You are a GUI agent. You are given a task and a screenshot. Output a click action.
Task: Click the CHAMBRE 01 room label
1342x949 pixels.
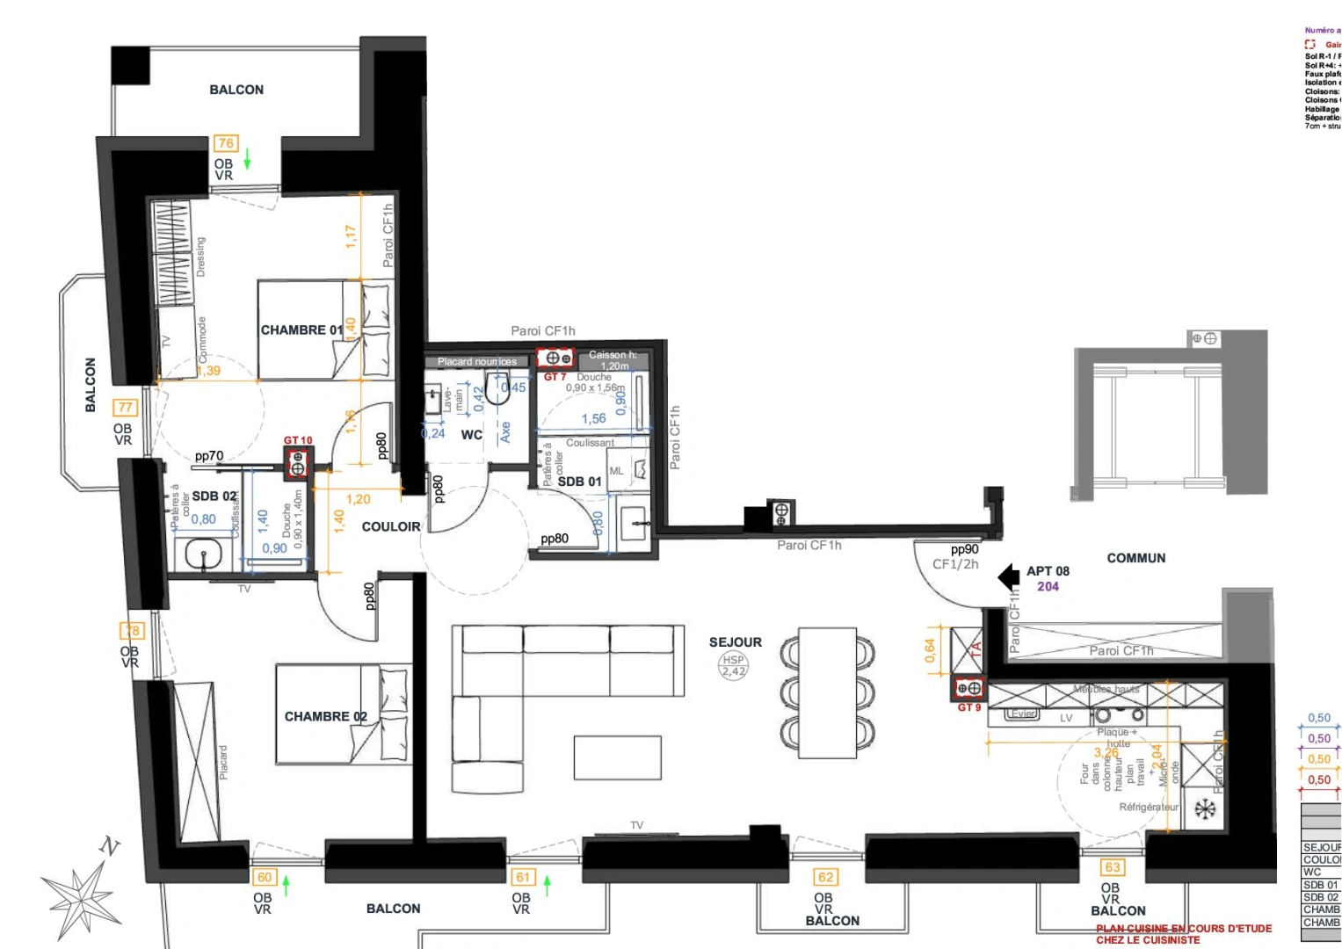point(301,330)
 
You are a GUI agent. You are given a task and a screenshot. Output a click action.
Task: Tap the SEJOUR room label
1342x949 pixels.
point(736,642)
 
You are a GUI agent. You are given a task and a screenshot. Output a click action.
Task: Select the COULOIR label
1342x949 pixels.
point(391,526)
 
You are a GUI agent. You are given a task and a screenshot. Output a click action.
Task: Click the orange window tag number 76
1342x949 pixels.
point(226,143)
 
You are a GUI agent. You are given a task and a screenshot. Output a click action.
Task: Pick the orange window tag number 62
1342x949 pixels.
point(825,877)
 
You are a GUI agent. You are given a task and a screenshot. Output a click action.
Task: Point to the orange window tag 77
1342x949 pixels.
point(126,408)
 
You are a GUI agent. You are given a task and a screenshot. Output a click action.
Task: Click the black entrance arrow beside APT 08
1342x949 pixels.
point(1009,577)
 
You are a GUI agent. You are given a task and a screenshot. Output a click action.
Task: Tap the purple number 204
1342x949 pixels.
point(1048,586)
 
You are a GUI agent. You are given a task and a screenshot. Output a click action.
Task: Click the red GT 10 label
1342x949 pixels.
point(298,440)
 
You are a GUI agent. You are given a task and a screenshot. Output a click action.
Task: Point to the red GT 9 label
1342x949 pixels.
point(968,707)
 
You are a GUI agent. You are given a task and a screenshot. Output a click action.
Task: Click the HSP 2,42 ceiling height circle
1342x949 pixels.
point(733,665)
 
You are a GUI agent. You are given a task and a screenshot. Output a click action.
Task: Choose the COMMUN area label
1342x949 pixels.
point(1135,558)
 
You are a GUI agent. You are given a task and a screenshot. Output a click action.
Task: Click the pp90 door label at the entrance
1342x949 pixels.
point(964,549)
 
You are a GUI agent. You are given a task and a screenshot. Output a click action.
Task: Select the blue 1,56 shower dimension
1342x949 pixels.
point(593,419)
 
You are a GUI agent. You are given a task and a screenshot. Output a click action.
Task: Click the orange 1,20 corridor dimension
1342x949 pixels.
point(358,499)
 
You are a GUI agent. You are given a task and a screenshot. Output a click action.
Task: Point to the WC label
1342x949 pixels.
point(471,435)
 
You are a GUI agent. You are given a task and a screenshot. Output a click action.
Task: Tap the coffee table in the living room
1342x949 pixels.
point(617,757)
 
